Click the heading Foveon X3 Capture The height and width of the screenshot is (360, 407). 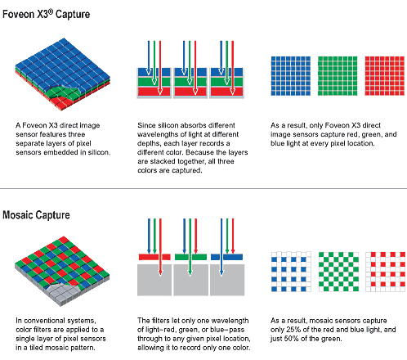point(46,14)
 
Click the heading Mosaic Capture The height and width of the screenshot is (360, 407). point(36,215)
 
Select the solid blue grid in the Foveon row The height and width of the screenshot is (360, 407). point(291,76)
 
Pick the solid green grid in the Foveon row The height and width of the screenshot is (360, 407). point(338,76)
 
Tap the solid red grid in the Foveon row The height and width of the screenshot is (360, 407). point(385,76)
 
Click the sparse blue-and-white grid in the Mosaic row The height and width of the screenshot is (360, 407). point(291,272)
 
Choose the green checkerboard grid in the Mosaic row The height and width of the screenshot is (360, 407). point(338,272)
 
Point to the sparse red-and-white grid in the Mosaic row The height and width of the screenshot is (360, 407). point(386,272)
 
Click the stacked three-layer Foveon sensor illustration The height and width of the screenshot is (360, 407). point(63,74)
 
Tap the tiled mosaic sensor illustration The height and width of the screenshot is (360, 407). point(62,271)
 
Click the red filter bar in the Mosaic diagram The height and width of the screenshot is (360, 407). point(154,257)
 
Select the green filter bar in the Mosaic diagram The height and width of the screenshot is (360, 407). point(190,257)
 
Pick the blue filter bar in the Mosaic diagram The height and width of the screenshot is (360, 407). point(226,257)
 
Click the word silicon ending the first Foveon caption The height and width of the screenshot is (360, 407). point(99,152)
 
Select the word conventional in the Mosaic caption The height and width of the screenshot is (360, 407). point(45,321)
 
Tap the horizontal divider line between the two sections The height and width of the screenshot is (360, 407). point(203,188)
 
